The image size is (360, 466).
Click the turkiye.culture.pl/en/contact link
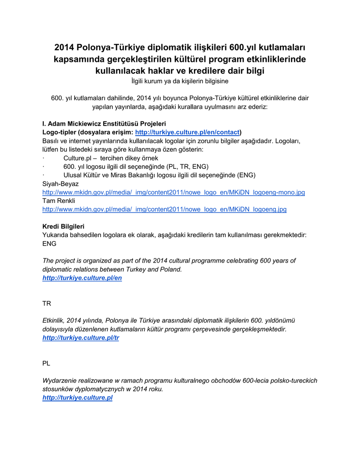click(188, 132)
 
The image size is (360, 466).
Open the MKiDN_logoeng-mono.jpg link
click(173, 192)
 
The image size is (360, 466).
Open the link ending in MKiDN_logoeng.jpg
click(164, 209)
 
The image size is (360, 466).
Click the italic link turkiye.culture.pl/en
click(82, 278)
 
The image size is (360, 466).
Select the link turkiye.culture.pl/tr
click(81, 338)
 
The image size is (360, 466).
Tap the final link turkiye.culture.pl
click(77, 397)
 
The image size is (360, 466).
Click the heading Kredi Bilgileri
click(63, 226)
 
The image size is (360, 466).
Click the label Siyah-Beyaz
click(61, 184)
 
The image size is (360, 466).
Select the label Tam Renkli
click(59, 201)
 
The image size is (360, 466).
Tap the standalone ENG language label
click(49, 243)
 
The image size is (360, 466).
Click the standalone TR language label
click(46, 303)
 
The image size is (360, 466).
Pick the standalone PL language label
click(46, 364)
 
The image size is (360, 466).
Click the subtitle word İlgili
click(138, 81)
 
